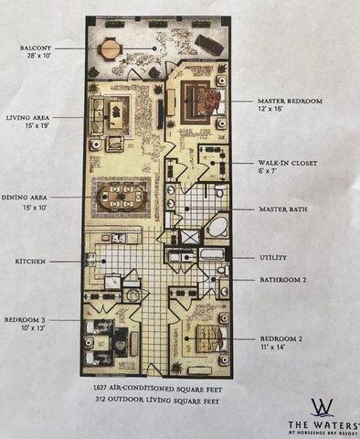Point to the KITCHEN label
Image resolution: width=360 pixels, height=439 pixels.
[x=31, y=262]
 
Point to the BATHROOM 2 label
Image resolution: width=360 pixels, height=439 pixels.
[x=282, y=279]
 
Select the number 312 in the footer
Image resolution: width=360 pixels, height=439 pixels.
[x=102, y=400]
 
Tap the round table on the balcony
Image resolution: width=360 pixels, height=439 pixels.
[x=111, y=47]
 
